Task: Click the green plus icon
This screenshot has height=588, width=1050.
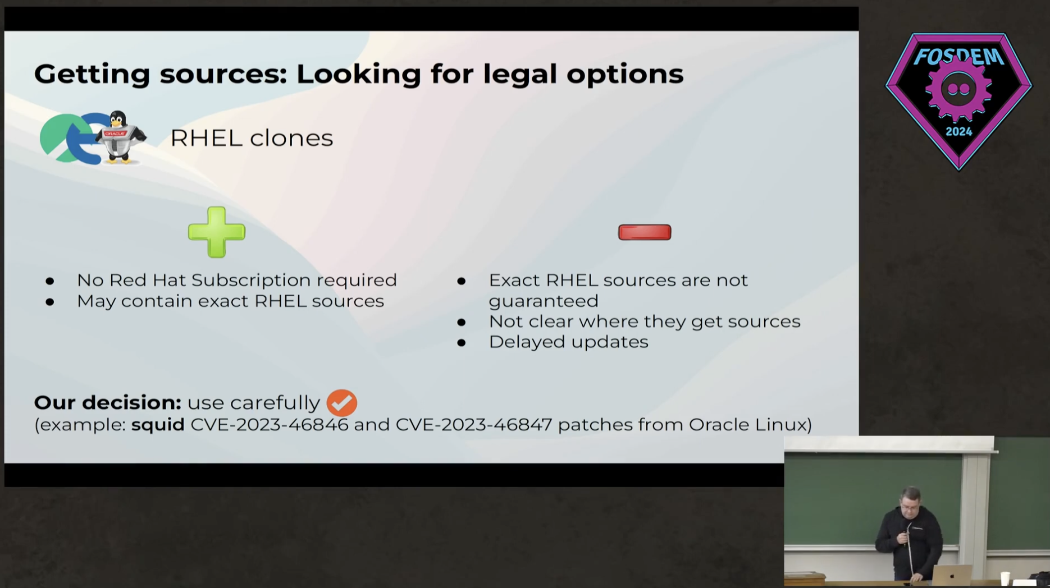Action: [217, 232]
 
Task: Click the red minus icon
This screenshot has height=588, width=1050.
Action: [645, 232]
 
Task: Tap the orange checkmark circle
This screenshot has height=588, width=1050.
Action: [341, 403]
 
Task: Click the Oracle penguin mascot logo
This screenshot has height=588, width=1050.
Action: [120, 137]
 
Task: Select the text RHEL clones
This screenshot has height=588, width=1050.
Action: [252, 138]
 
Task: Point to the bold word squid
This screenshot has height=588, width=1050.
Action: [158, 425]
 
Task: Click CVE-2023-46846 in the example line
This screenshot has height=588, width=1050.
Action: [270, 424]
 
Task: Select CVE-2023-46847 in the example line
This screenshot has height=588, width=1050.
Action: [474, 424]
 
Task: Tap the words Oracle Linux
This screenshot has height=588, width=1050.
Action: [747, 424]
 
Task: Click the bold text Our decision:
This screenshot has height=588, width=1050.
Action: [108, 402]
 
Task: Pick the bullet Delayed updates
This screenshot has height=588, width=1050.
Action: [568, 342]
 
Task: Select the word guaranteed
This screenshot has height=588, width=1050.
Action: [544, 301]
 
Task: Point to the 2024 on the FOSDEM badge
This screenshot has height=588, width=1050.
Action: [958, 132]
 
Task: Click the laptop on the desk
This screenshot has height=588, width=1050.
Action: [952, 575]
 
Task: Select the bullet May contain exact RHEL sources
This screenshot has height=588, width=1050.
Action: [230, 301]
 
